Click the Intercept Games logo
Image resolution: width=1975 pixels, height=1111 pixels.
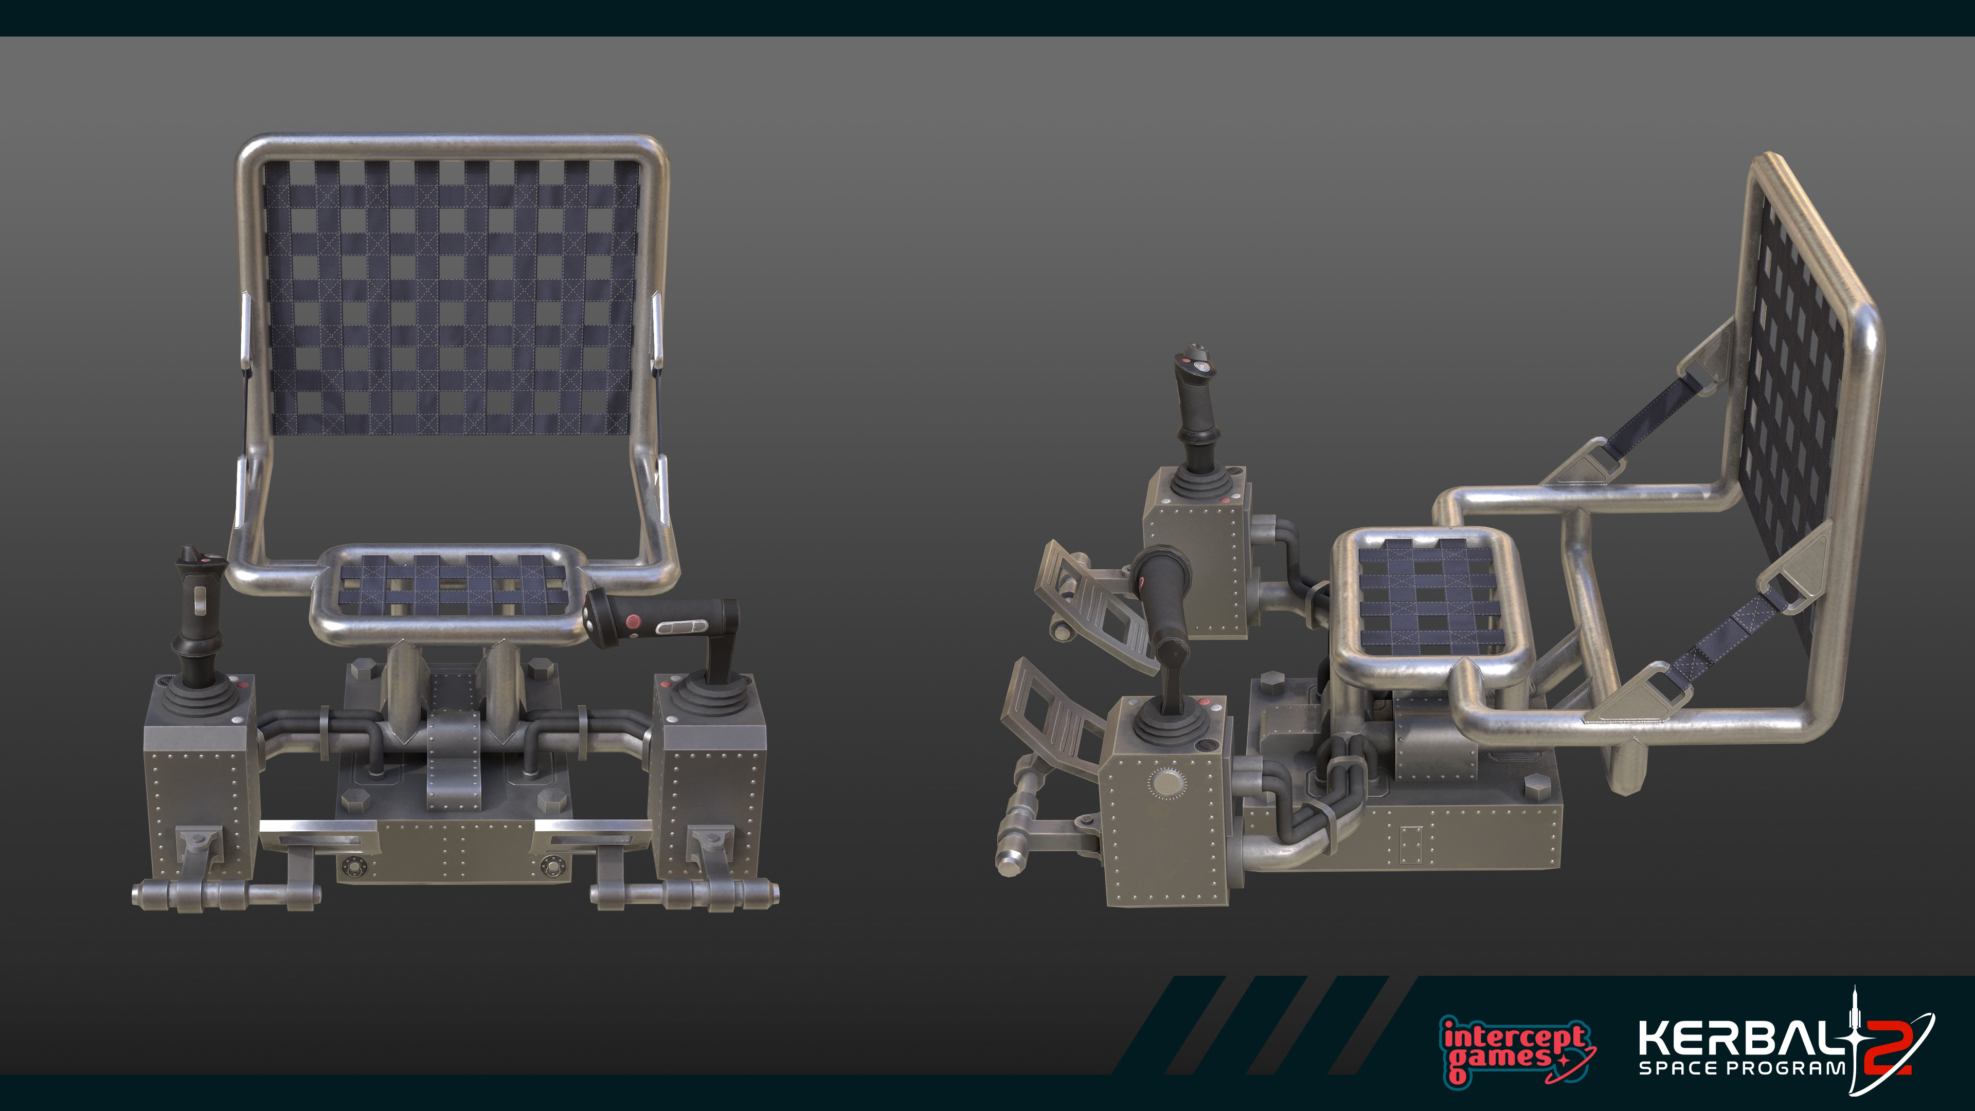click(1514, 1049)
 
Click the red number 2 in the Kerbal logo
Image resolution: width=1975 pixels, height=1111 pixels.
click(1888, 1048)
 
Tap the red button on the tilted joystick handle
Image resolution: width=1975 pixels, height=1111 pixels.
click(633, 620)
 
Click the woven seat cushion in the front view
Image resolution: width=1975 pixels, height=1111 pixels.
click(453, 586)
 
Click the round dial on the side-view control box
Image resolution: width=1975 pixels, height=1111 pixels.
click(1167, 783)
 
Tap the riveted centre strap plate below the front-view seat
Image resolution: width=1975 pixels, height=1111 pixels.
click(454, 759)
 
